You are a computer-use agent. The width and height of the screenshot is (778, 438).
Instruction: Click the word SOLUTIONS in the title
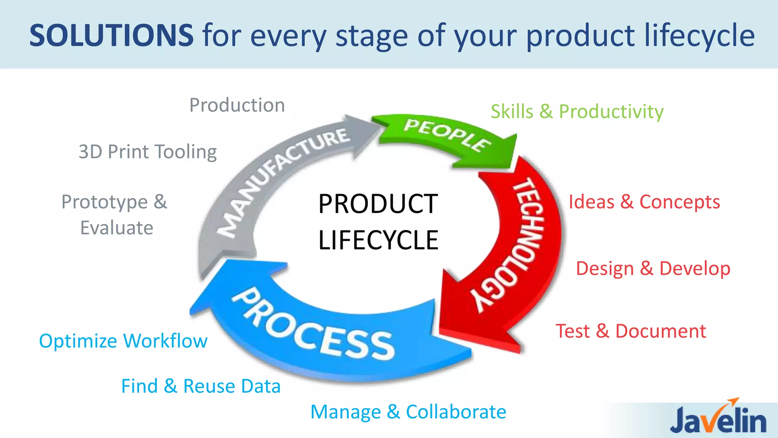click(x=111, y=35)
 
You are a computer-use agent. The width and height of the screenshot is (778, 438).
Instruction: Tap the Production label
click(x=237, y=105)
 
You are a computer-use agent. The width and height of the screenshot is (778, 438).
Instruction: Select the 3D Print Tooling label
click(x=147, y=152)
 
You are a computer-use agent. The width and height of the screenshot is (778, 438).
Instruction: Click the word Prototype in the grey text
click(x=104, y=202)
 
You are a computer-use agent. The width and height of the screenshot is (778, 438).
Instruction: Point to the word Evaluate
click(x=117, y=228)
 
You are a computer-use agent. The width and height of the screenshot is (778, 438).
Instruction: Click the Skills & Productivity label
click(x=577, y=112)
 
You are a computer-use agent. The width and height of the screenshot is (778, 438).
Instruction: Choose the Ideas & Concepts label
click(x=644, y=202)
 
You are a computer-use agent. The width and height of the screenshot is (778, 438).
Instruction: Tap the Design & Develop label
click(x=653, y=268)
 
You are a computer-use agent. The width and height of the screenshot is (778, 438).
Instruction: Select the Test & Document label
click(x=631, y=331)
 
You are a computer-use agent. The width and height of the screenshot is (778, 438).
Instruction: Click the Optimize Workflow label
click(x=123, y=341)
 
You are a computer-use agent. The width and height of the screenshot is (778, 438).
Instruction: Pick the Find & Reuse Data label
click(x=201, y=386)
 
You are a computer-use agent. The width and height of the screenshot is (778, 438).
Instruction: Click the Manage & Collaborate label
click(x=408, y=412)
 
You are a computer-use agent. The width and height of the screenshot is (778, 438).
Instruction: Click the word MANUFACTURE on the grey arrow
click(x=283, y=179)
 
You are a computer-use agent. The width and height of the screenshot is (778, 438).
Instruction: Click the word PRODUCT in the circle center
click(x=378, y=204)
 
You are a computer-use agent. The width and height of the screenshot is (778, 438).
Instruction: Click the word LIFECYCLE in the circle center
click(x=378, y=240)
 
